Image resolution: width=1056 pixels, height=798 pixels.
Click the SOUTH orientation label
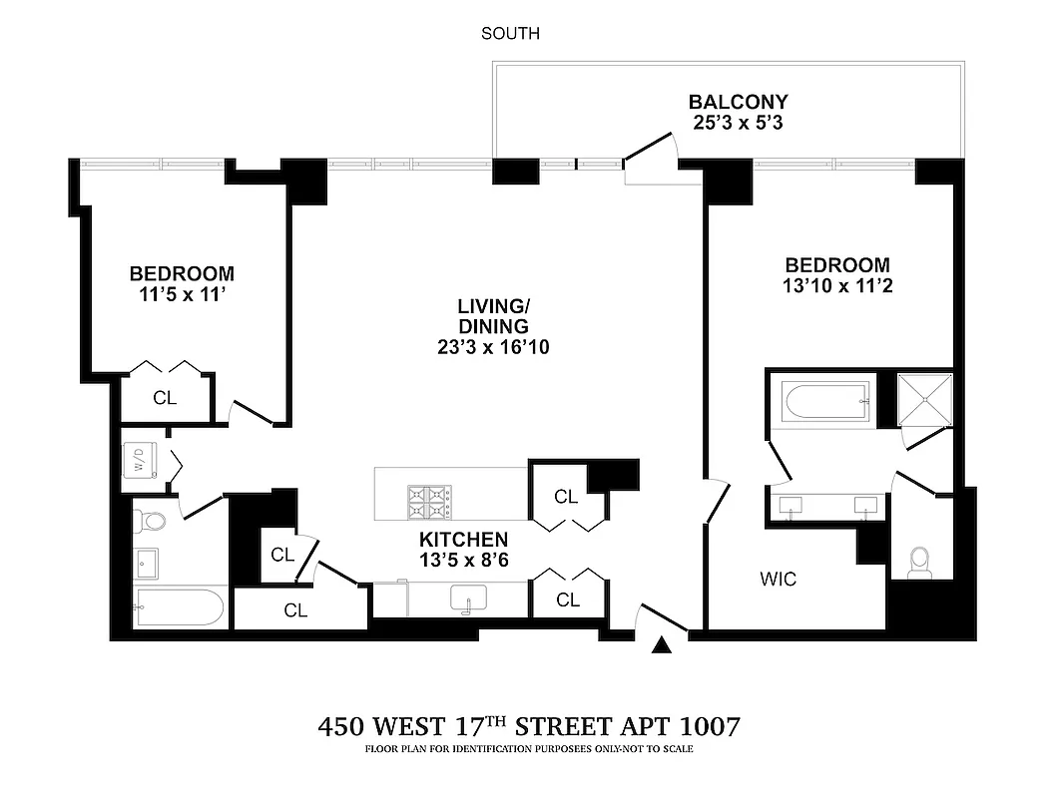pos(510,34)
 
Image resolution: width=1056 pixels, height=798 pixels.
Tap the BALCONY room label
pos(738,102)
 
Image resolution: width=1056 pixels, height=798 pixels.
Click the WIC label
pos(778,580)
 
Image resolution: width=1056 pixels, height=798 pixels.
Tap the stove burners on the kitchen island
pos(429,502)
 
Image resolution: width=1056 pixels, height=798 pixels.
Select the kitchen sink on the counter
pos(467,599)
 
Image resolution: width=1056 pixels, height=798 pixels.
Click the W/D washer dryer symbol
pos(139,462)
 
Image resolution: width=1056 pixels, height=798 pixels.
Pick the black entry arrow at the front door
pos(660,646)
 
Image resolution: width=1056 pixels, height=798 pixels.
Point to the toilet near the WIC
pos(920,564)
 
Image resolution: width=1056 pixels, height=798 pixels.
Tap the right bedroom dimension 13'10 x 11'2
pos(836,285)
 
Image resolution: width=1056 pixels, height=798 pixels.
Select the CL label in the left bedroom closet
pos(165,397)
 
